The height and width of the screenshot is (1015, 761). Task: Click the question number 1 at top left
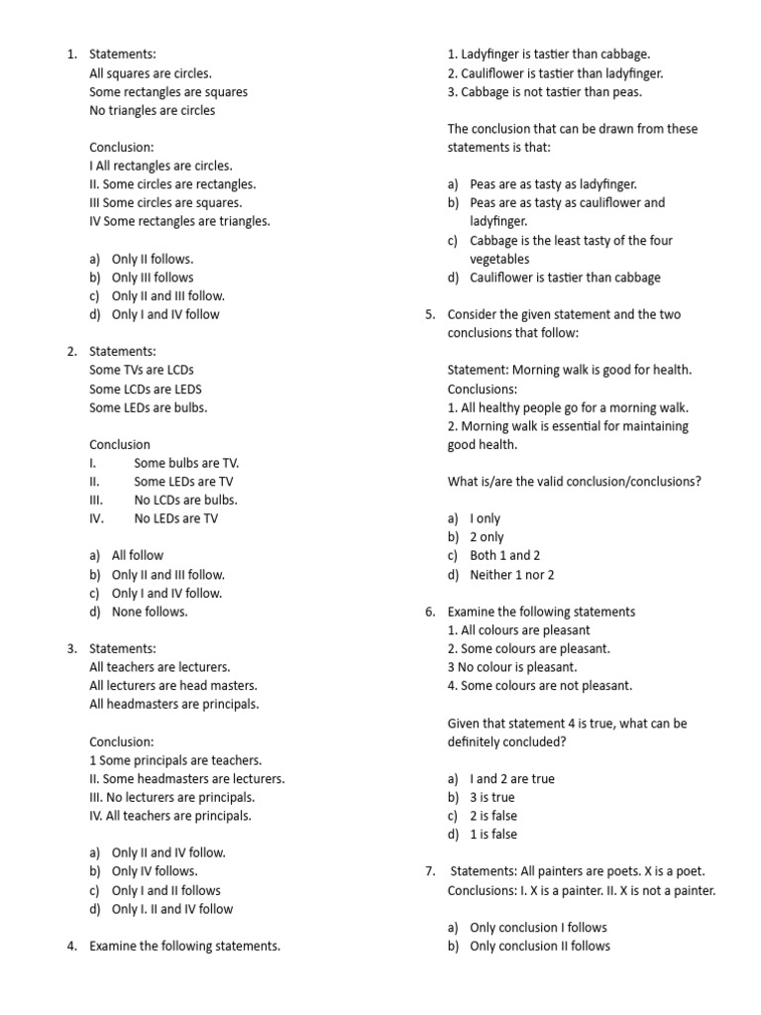coord(71,55)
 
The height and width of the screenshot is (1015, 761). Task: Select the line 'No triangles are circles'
coord(152,110)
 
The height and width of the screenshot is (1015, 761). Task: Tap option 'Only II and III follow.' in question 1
coord(167,295)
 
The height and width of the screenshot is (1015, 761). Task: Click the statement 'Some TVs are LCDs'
coord(142,370)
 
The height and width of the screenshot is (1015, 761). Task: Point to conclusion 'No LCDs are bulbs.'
coord(185,500)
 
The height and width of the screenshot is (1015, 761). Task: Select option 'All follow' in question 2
coord(137,555)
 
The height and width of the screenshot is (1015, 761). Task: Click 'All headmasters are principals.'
coord(173,704)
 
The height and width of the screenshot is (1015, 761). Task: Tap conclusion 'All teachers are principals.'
coord(170,816)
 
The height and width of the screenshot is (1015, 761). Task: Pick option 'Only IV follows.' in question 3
coord(154,871)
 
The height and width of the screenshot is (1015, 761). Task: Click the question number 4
coord(71,946)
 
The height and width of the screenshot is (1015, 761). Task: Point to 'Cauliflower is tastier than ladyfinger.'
coord(555,73)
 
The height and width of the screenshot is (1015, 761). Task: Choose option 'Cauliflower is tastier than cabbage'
coord(565,278)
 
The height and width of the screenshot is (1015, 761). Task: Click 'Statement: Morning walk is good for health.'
coord(570,370)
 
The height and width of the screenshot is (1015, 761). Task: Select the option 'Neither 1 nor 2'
coord(511,574)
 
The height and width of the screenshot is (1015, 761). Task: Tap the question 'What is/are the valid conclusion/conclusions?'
coord(575,482)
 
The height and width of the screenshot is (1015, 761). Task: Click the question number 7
coord(430,871)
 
